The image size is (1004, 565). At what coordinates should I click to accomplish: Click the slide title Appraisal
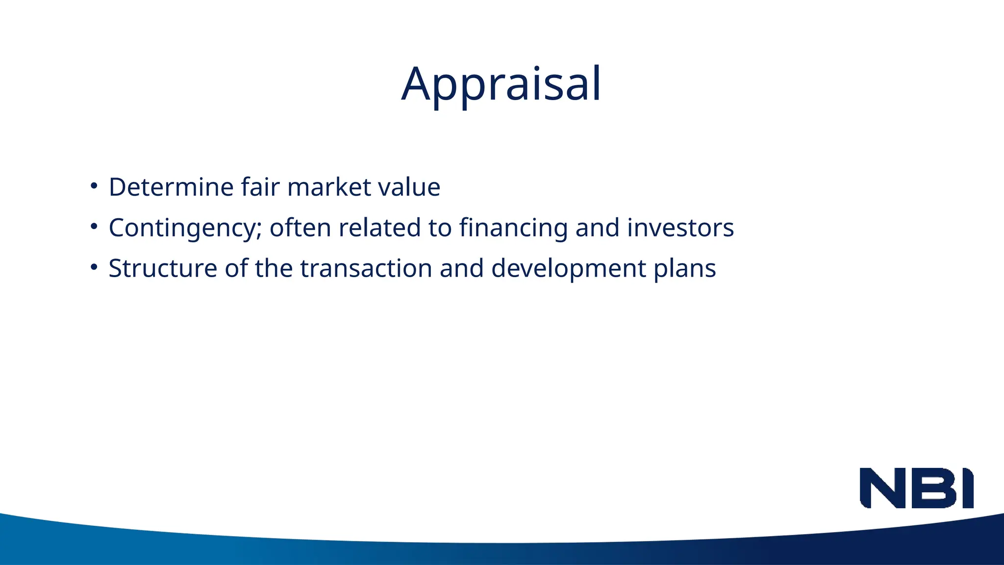[x=501, y=84]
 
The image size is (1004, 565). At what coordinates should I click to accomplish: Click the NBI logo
[x=916, y=488]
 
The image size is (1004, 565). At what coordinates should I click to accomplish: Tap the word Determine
[x=171, y=187]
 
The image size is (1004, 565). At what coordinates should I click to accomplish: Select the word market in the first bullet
[x=329, y=187]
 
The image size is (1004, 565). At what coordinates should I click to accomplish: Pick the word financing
[x=513, y=228]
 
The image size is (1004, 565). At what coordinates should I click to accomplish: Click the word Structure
[x=163, y=268]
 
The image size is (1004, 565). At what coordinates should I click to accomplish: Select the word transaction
[x=366, y=268]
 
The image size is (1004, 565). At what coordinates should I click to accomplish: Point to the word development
[x=569, y=269]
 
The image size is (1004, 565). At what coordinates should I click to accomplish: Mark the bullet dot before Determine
[x=94, y=186]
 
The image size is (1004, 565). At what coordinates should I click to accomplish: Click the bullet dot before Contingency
[x=94, y=227]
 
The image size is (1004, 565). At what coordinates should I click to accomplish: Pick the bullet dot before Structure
[x=94, y=268]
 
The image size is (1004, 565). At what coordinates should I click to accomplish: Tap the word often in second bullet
[x=301, y=228]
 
